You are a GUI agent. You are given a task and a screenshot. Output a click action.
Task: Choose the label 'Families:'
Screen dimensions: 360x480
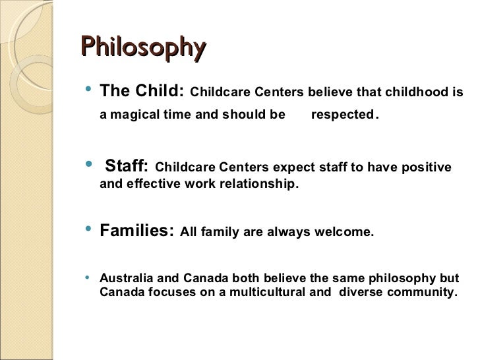coord(136,231)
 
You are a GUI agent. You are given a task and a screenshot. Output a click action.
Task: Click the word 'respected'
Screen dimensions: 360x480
coord(342,115)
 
